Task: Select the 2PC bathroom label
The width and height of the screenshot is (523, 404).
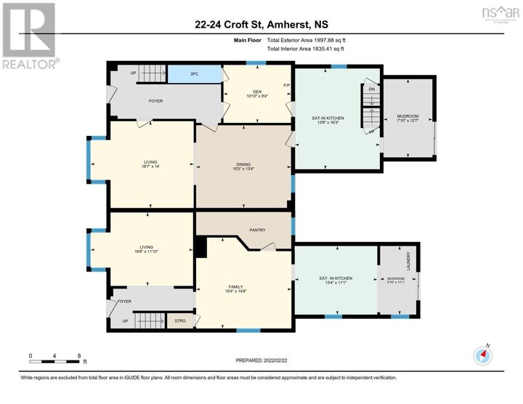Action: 194,74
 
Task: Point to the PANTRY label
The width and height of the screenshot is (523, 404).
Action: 257,230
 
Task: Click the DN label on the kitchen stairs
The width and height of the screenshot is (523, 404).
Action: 371,89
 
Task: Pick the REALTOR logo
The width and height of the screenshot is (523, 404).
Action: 29,36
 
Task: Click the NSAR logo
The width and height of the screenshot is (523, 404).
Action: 496,14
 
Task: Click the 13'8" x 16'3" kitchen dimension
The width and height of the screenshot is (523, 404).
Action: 330,123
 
